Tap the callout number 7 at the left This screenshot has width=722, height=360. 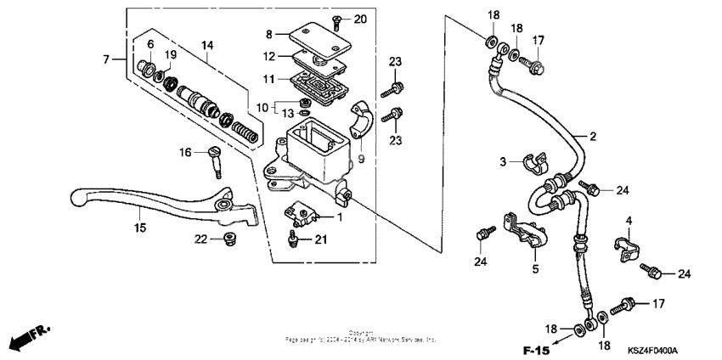(107, 59)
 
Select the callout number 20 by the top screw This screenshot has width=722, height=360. (359, 19)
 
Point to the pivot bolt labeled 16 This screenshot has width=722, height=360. (215, 160)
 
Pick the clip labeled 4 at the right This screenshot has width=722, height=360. (626, 250)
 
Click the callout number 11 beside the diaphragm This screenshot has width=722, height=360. (269, 78)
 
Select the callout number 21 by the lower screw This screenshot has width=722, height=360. (321, 240)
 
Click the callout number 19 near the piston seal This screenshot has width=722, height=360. (169, 55)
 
